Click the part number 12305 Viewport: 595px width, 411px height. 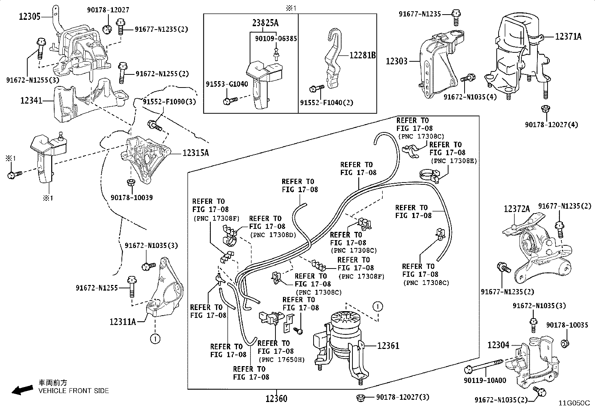[30, 17]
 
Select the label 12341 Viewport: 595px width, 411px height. [31, 101]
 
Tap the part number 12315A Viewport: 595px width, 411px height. [196, 153]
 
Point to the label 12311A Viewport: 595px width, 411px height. [123, 322]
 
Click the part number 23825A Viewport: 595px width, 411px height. [265, 23]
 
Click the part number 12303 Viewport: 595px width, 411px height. [397, 61]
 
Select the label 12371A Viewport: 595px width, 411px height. [568, 36]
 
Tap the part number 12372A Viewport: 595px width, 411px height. [517, 209]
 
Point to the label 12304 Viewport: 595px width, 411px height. [498, 345]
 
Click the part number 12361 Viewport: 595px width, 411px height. [388, 346]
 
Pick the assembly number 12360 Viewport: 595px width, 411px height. [277, 399]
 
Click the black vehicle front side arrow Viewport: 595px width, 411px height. [22, 390]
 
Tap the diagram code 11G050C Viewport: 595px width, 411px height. [574, 403]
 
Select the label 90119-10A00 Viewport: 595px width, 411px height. [485, 380]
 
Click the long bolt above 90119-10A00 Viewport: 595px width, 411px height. [484, 366]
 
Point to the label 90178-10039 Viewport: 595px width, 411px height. [132, 197]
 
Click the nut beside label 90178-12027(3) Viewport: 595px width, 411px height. [361, 398]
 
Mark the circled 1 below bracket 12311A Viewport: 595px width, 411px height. [155, 339]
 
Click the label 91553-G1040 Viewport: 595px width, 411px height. [227, 84]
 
